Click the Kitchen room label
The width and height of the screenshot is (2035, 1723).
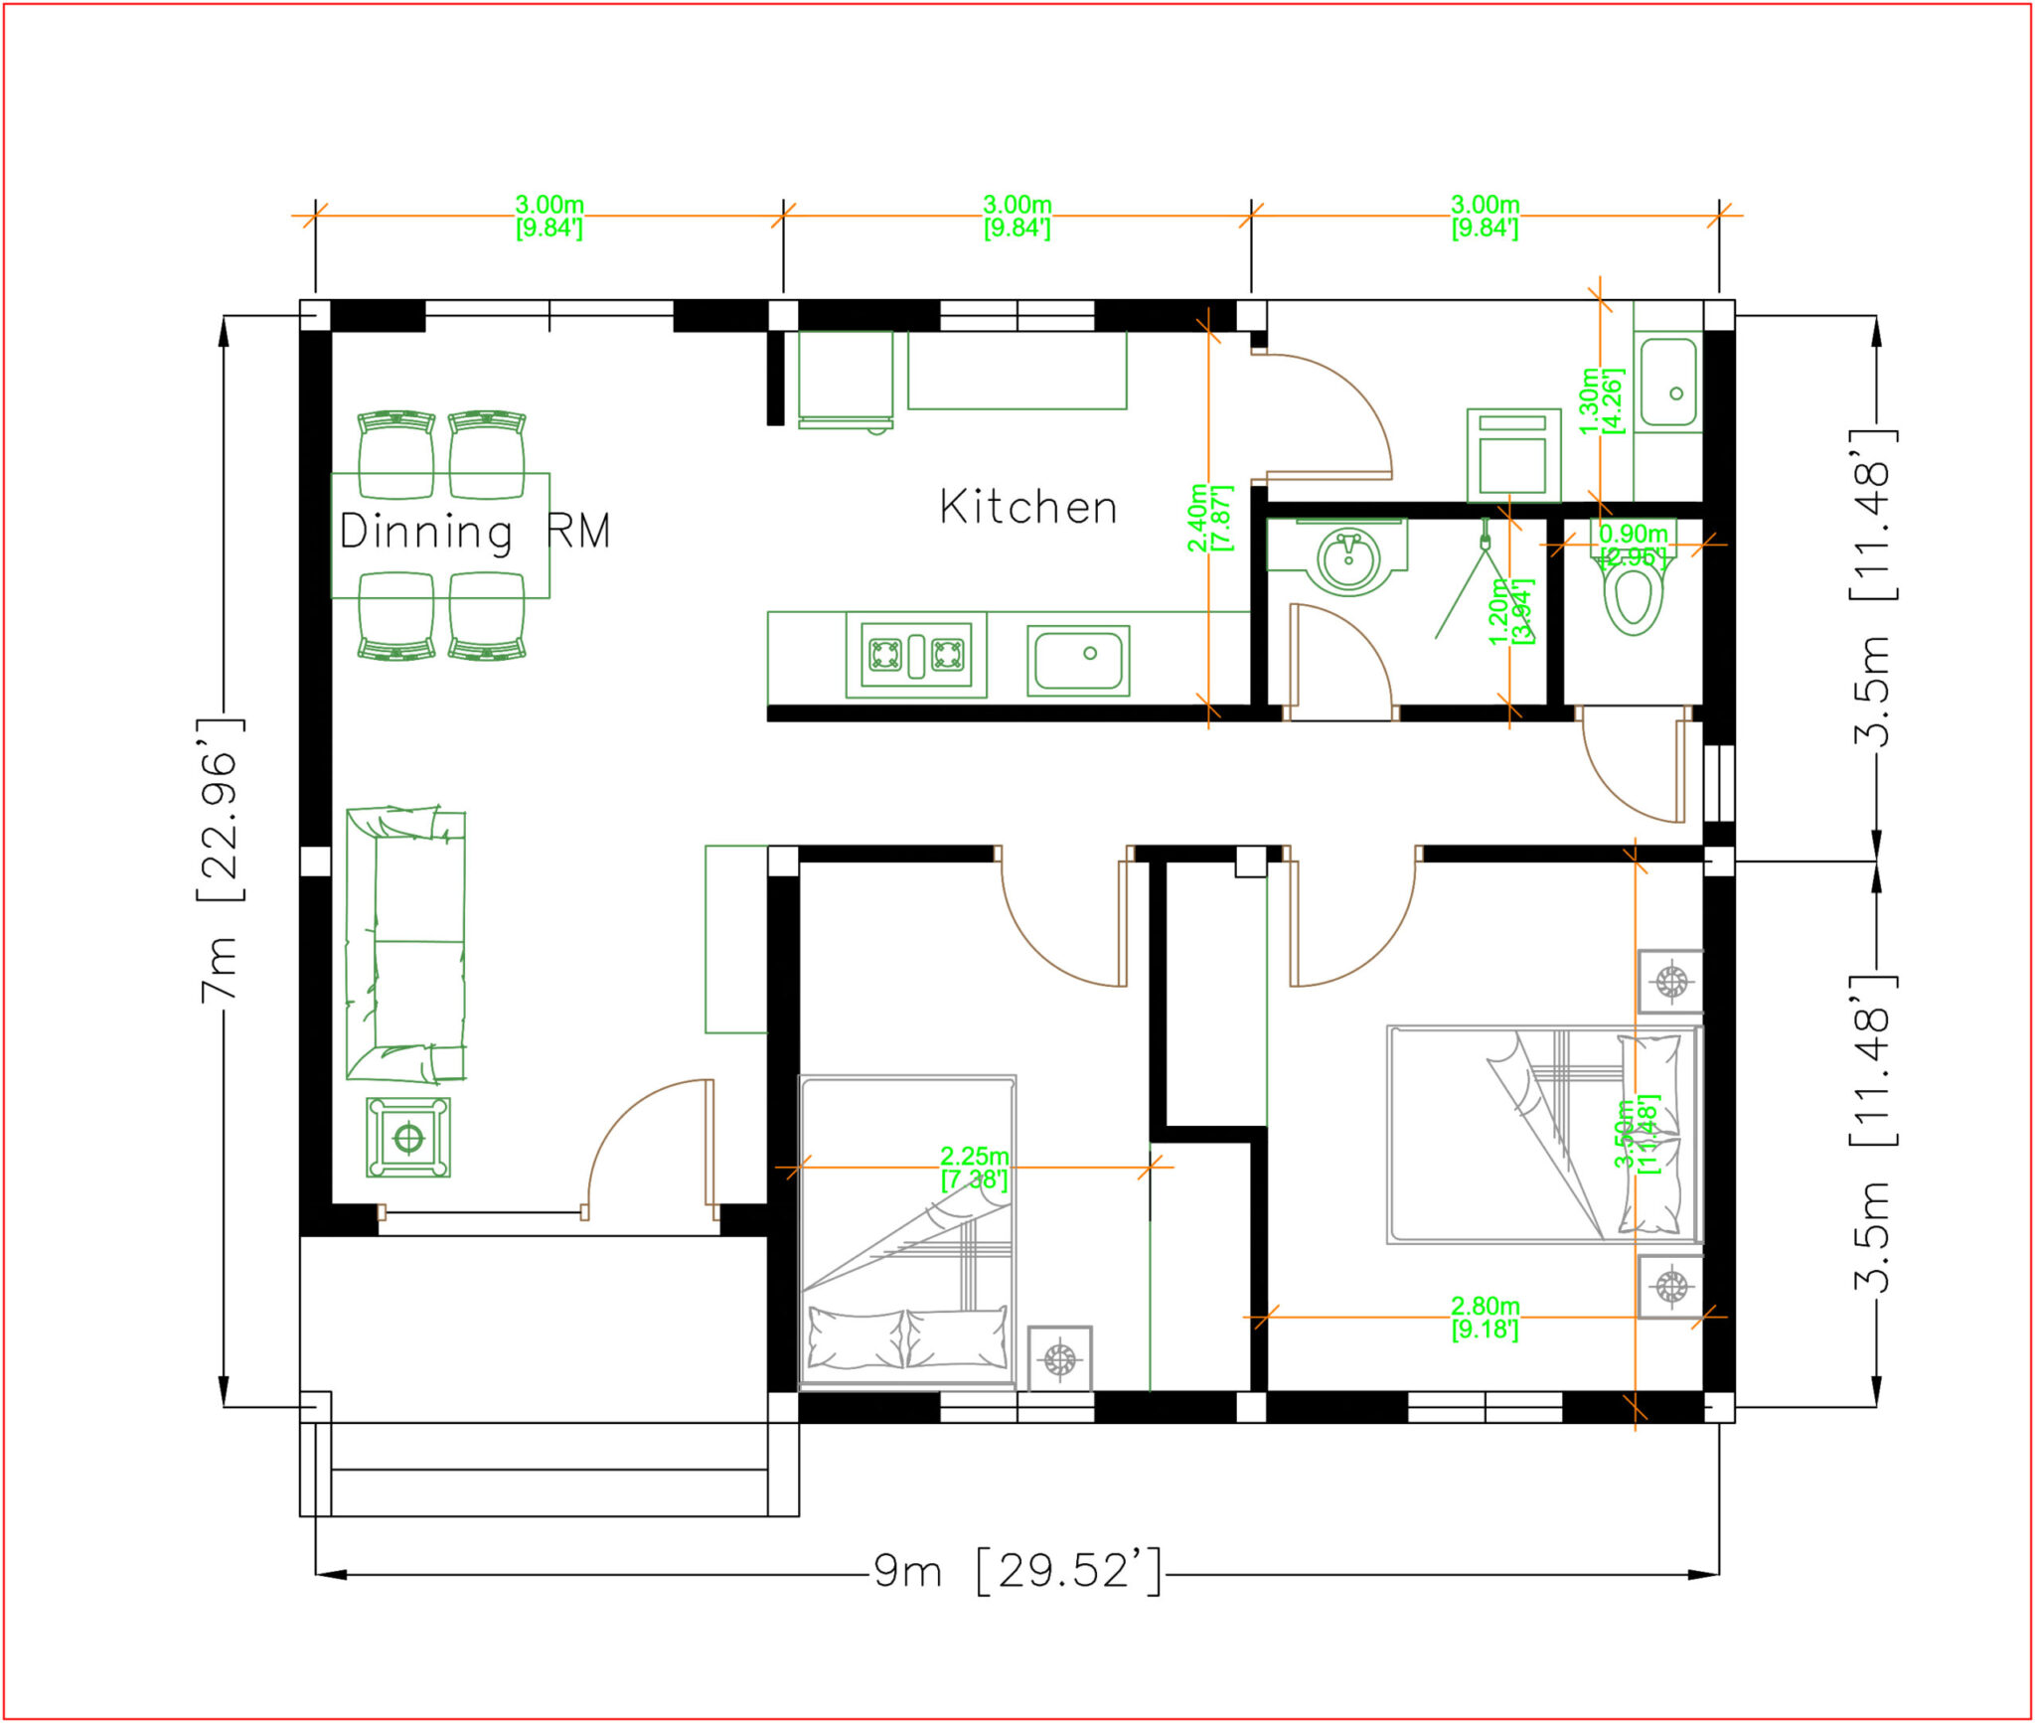point(1028,508)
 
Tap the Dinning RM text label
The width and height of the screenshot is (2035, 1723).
point(474,531)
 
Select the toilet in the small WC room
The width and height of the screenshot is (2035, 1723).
point(1634,592)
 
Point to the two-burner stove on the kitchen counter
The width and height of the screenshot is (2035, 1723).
point(916,655)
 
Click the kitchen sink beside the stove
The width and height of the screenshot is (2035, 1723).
point(1078,660)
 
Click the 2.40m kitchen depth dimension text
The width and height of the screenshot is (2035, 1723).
point(1209,518)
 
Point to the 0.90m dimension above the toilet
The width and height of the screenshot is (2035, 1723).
point(1633,545)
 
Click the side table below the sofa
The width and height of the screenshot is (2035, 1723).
point(408,1137)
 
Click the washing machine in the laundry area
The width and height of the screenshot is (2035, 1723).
point(1513,455)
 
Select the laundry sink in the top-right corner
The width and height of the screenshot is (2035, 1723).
point(1668,383)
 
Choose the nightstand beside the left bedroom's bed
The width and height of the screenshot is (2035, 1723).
point(1059,1356)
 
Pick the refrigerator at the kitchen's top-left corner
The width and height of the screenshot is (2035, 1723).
point(846,378)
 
